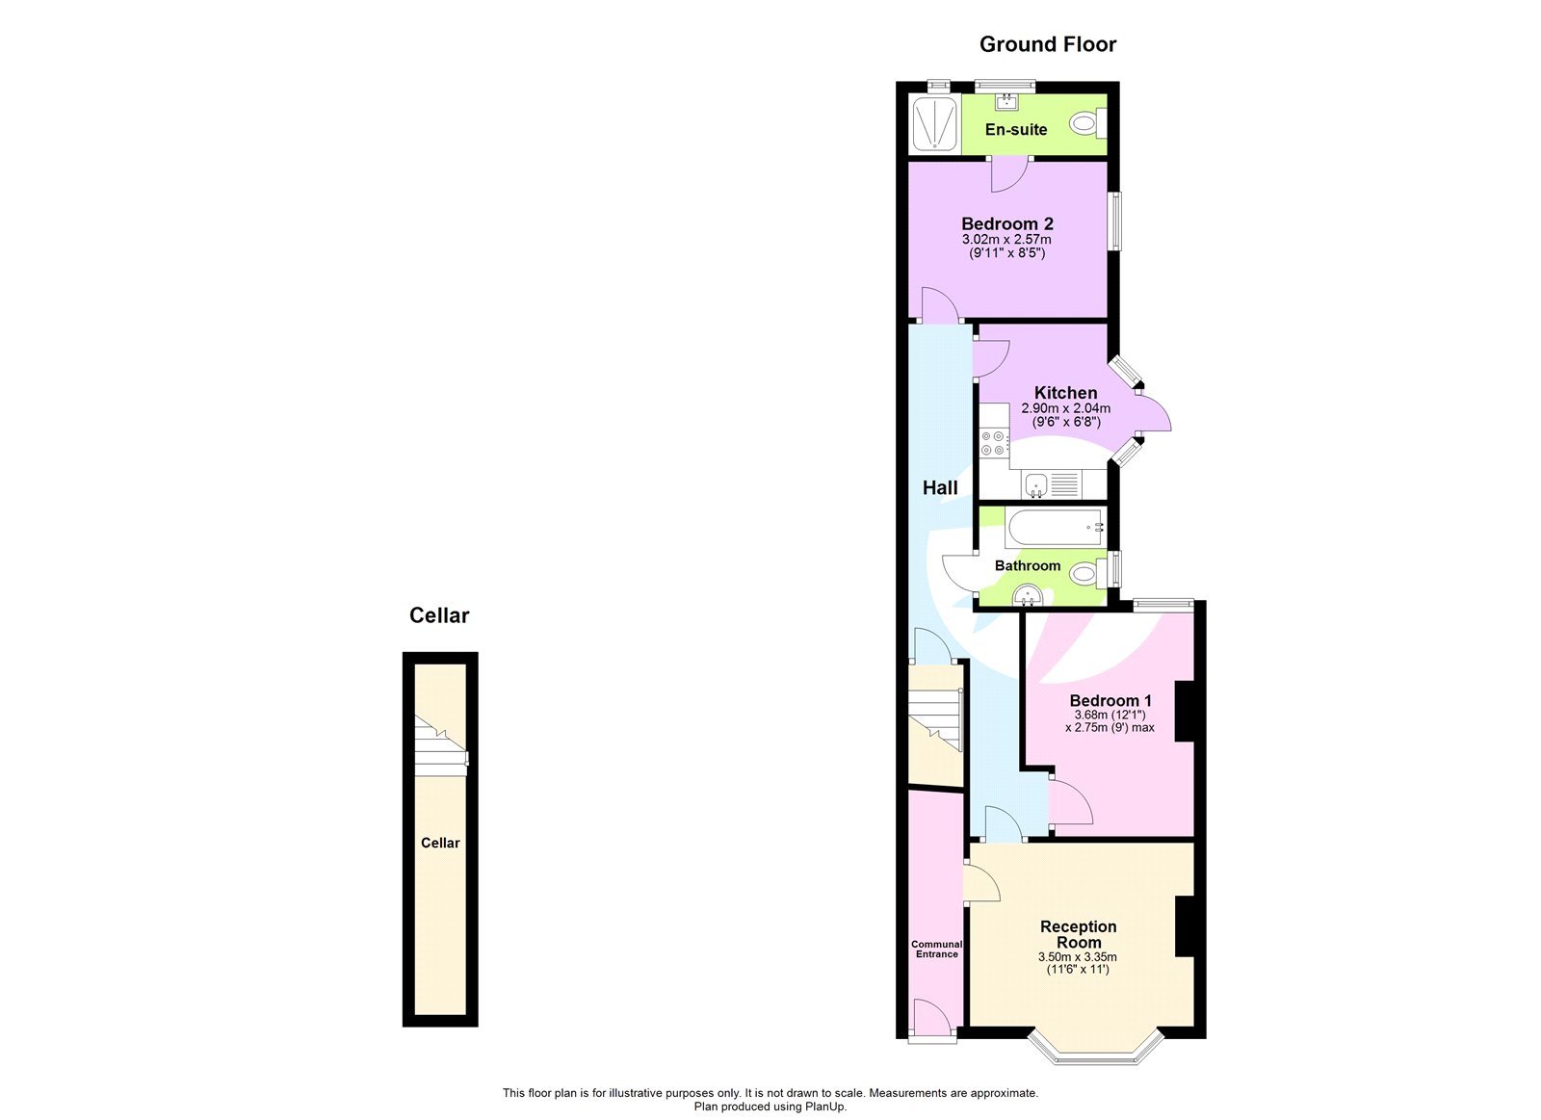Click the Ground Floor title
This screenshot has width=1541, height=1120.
pyautogui.click(x=1047, y=44)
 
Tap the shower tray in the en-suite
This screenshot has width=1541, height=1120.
pyautogui.click(x=934, y=123)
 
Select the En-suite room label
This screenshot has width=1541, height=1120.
pyautogui.click(x=1015, y=129)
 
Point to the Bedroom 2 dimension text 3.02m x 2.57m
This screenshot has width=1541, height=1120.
pyautogui.click(x=1006, y=239)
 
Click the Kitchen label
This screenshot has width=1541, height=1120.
pyautogui.click(x=1065, y=392)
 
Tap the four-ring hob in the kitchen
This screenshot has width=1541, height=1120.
pyautogui.click(x=993, y=443)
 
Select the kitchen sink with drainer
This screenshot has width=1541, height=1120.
pyautogui.click(x=1051, y=484)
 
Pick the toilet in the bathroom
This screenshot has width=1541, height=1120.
pyautogui.click(x=1088, y=573)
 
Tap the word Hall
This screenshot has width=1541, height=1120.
pyautogui.click(x=940, y=488)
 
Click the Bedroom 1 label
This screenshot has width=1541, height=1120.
pyautogui.click(x=1110, y=700)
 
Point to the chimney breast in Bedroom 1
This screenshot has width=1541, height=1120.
pyautogui.click(x=1185, y=711)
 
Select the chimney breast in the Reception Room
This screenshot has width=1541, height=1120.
pyautogui.click(x=1185, y=925)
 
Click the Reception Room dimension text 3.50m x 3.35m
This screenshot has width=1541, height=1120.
pyautogui.click(x=1077, y=956)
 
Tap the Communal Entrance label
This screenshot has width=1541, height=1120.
pyautogui.click(x=936, y=949)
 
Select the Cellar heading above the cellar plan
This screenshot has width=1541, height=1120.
pyautogui.click(x=439, y=615)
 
